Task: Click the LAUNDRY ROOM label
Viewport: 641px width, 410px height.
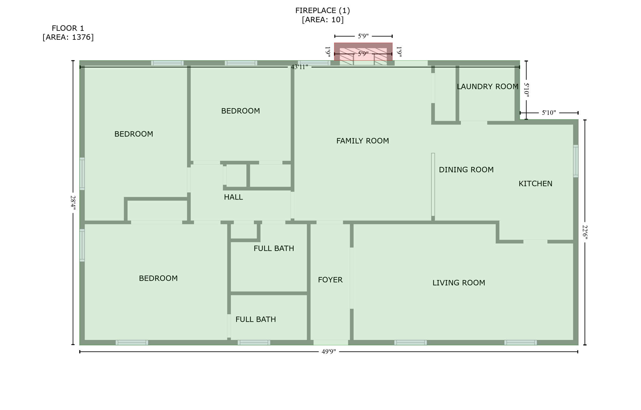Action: tap(487, 87)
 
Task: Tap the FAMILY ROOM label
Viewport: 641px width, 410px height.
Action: tap(362, 141)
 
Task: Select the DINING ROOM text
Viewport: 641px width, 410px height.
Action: tap(466, 170)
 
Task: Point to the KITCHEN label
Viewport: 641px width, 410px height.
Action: tap(535, 184)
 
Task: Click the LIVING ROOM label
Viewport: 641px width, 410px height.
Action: tap(459, 283)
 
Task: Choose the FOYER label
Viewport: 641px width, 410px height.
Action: tap(330, 280)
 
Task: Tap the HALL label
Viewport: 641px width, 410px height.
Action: tap(233, 197)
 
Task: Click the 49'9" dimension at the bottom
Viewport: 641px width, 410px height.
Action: tap(329, 352)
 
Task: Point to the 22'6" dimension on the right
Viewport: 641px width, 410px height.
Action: tap(585, 232)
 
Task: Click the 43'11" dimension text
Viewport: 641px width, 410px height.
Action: tap(300, 67)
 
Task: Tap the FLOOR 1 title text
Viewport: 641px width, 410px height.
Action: tap(68, 28)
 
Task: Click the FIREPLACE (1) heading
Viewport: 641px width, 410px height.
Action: tap(322, 10)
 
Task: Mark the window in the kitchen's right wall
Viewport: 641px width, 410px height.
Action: tap(576, 161)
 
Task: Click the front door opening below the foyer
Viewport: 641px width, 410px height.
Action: tap(331, 342)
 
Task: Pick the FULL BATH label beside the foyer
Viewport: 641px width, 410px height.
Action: tap(274, 248)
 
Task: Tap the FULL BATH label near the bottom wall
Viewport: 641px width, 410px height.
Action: tap(255, 319)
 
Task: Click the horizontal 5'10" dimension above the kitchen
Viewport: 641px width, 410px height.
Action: tap(549, 113)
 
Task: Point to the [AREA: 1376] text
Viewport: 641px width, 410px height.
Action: tap(68, 37)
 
